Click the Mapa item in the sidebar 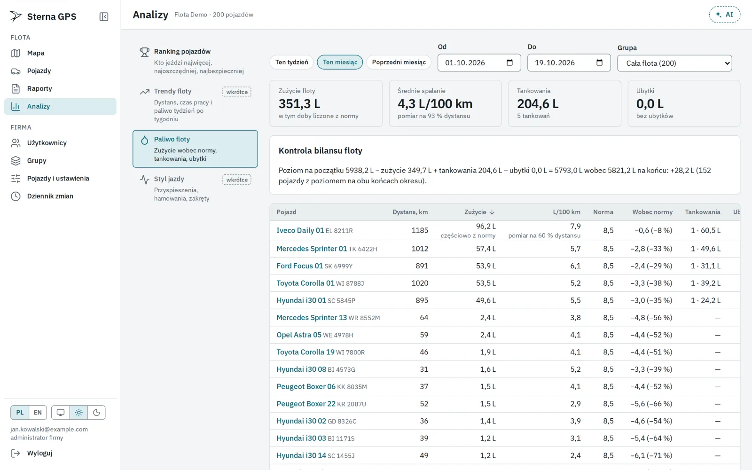[x=36, y=53]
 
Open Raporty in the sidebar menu [x=39, y=89]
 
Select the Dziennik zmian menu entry [x=50, y=196]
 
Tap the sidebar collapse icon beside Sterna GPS [x=104, y=16]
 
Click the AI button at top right [x=724, y=15]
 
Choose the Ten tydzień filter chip [x=291, y=62]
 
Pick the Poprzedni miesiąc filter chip [x=399, y=62]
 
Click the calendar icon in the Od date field [x=509, y=63]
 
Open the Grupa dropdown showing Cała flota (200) [x=674, y=63]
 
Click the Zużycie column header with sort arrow [x=479, y=212]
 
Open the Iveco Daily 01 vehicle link [x=300, y=230]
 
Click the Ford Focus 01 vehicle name [x=299, y=266]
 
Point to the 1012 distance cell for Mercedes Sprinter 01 [x=420, y=249]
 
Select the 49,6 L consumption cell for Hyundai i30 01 [x=486, y=300]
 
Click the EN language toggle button [x=38, y=413]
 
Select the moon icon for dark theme [x=96, y=413]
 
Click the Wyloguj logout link [x=39, y=453]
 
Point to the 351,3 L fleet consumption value [x=299, y=104]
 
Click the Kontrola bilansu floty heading [x=320, y=151]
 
